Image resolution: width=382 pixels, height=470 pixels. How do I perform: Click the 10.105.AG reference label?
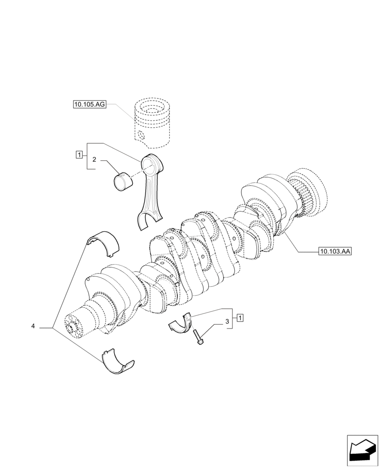click(x=89, y=104)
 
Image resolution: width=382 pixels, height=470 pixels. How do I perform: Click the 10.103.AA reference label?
click(x=335, y=251)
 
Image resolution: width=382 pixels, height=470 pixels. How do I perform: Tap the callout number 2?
click(x=94, y=160)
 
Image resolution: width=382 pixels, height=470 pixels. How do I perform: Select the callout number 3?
click(x=227, y=321)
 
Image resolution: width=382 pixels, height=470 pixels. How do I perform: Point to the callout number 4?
click(x=33, y=326)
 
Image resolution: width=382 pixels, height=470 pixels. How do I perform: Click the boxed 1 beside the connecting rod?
click(x=79, y=154)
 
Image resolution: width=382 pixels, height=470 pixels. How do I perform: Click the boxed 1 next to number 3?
click(x=240, y=318)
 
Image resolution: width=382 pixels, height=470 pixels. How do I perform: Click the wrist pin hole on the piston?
click(x=141, y=137)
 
